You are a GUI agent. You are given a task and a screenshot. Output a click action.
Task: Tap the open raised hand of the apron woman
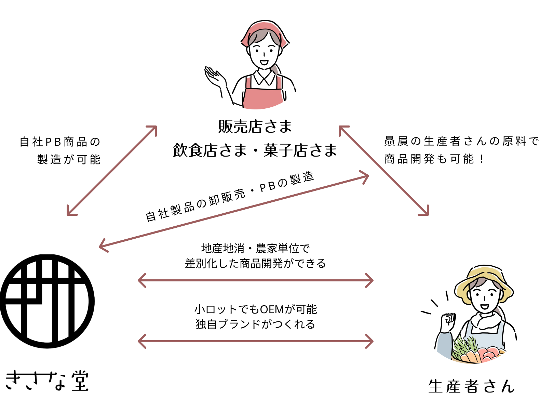(215, 77)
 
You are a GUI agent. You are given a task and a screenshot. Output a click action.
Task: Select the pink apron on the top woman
(263, 97)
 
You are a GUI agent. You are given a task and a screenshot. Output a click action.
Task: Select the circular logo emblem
(47, 301)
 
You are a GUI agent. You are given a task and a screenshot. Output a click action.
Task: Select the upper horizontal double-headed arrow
(255, 281)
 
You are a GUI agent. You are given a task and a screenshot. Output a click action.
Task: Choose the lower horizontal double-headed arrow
(255, 341)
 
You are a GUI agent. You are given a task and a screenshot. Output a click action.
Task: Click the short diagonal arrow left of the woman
(112, 171)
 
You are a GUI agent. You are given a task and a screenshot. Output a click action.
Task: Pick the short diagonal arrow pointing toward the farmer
(383, 171)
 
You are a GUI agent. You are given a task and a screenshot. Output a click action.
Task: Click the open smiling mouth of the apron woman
(264, 63)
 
